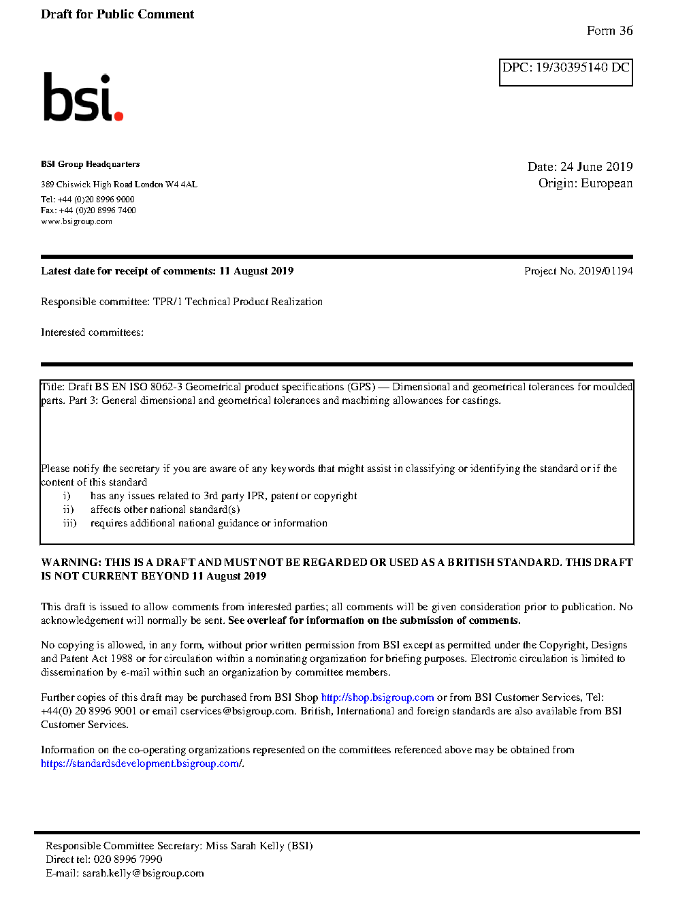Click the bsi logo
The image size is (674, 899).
pyautogui.click(x=82, y=97)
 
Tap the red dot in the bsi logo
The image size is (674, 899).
pyautogui.click(x=119, y=116)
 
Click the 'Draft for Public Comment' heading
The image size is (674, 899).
pyautogui.click(x=117, y=14)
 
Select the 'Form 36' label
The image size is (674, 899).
pyautogui.click(x=609, y=31)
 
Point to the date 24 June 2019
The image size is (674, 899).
pyautogui.click(x=596, y=167)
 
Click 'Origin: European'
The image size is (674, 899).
pyautogui.click(x=585, y=183)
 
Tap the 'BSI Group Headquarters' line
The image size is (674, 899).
pyautogui.click(x=90, y=164)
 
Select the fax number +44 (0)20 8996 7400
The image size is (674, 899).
pyautogui.click(x=97, y=210)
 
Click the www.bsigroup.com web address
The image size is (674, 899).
pyautogui.click(x=76, y=221)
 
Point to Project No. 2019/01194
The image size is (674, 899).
pyautogui.click(x=578, y=271)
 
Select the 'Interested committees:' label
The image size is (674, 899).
pyautogui.click(x=92, y=332)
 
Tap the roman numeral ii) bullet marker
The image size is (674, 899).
pyautogui.click(x=68, y=509)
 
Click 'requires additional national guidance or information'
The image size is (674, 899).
pyautogui.click(x=208, y=523)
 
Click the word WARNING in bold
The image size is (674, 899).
pyautogui.click(x=71, y=563)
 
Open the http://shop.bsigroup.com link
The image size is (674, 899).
pyautogui.click(x=377, y=697)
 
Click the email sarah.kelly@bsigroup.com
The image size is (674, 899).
pyautogui.click(x=143, y=873)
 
